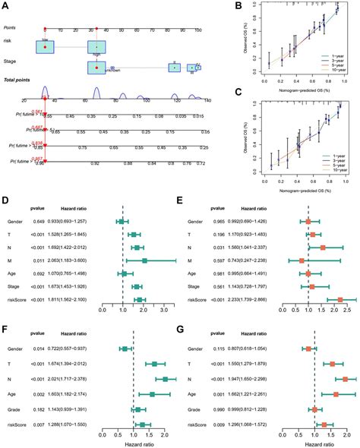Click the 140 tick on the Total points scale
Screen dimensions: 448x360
pos(204,99)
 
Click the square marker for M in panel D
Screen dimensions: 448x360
pos(144,260)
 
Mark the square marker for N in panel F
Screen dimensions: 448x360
pos(166,379)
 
